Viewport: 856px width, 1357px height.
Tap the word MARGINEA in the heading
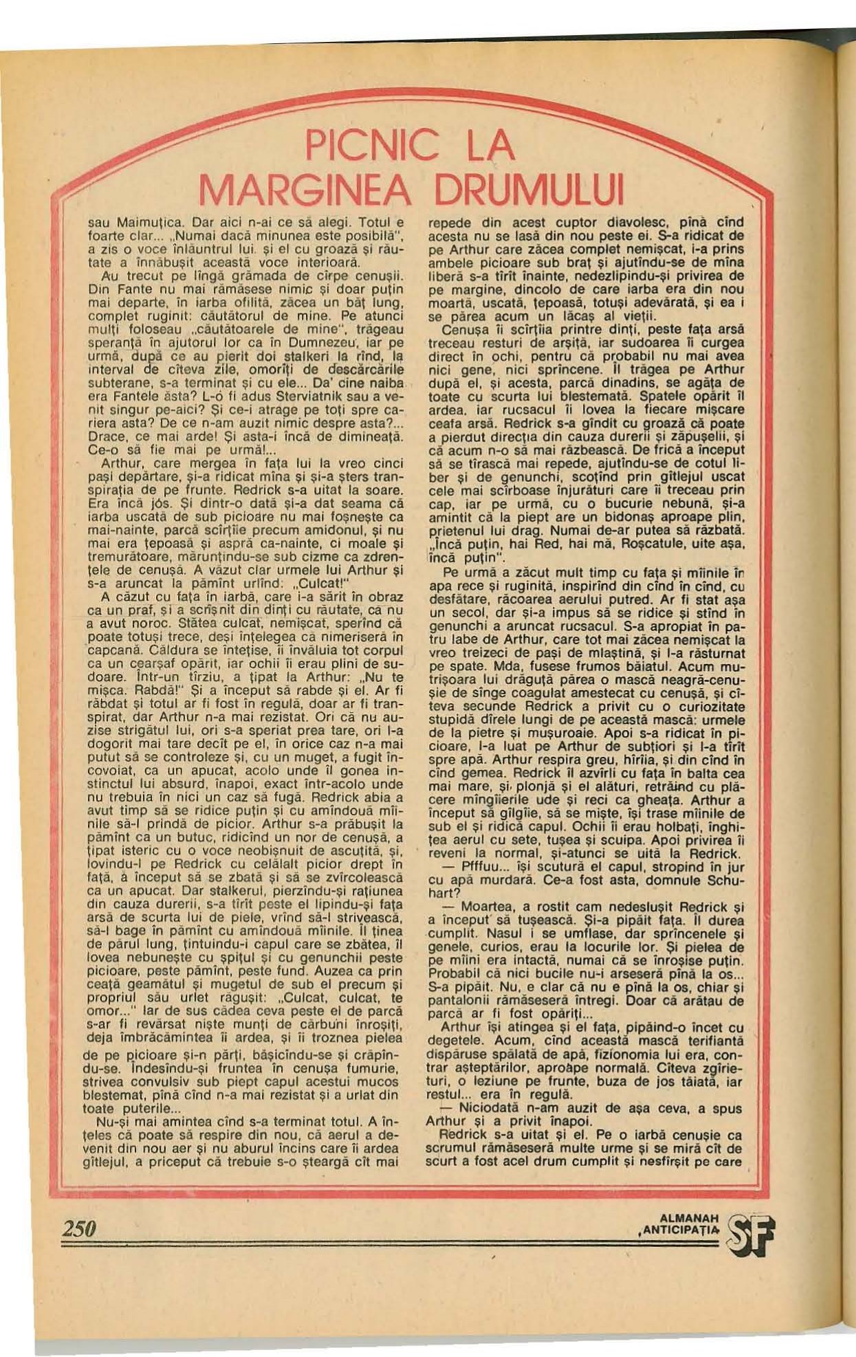click(x=303, y=188)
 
